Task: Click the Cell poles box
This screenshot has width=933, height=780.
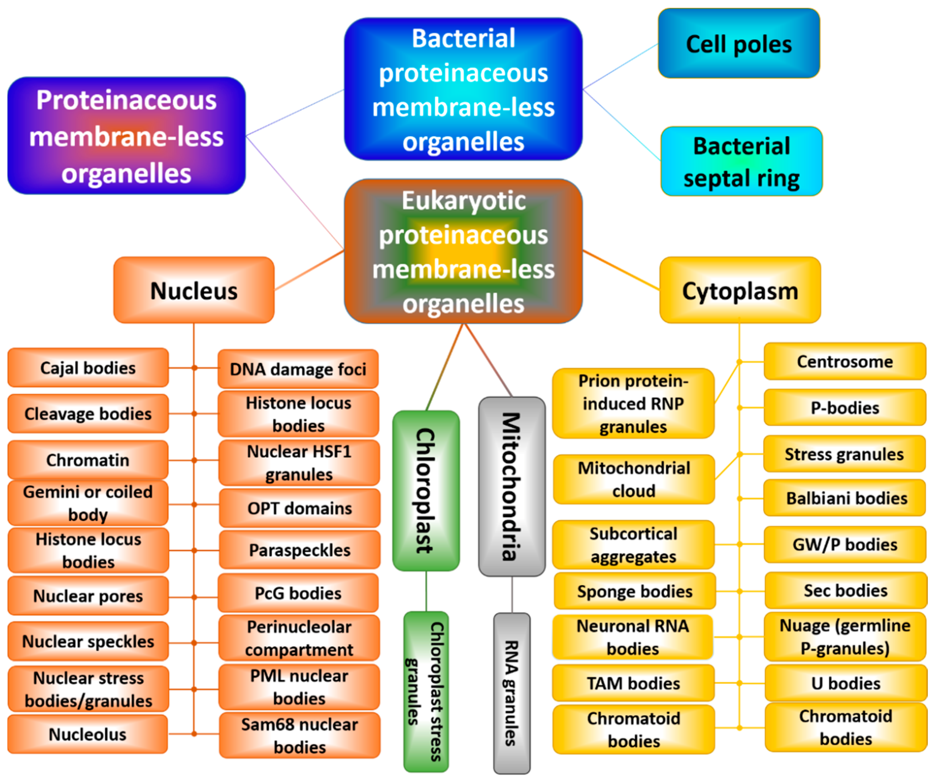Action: [x=739, y=43]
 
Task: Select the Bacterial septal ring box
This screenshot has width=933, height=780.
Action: [x=741, y=161]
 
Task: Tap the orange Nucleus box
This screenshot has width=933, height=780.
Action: [x=194, y=290]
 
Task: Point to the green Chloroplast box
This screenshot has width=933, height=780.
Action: [x=426, y=490]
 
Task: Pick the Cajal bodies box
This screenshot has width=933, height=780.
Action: [x=88, y=368]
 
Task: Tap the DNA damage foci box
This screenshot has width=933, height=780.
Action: [x=298, y=369]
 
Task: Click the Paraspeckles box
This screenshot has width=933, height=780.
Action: [x=299, y=550]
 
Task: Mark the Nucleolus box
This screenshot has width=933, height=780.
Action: [x=88, y=734]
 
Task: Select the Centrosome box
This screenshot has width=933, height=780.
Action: [x=844, y=361]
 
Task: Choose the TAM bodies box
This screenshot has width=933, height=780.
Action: [x=633, y=683]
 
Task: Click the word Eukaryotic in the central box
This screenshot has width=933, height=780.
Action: [x=463, y=200]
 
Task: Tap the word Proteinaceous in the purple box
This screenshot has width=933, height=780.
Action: [x=127, y=100]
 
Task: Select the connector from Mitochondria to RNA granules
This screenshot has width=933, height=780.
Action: [x=512, y=594]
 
